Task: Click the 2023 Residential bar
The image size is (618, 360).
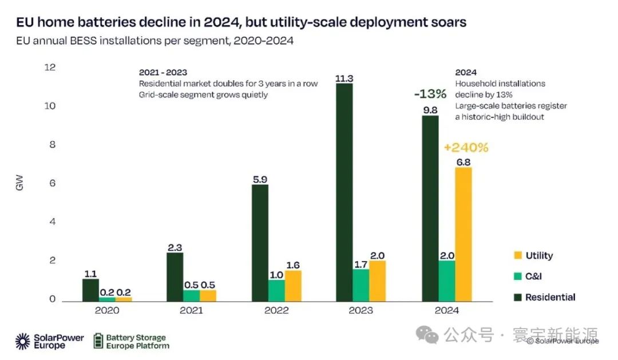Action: click(x=344, y=192)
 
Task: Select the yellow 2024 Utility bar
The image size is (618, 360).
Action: click(x=463, y=234)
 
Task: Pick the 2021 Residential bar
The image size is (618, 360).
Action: click(x=175, y=277)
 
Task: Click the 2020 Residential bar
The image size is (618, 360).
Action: click(x=90, y=290)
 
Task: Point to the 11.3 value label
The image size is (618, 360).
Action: click(x=344, y=79)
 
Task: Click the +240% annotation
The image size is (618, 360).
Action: click(x=466, y=148)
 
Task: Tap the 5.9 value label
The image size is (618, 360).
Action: click(x=260, y=179)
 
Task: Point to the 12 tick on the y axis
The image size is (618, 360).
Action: click(x=50, y=68)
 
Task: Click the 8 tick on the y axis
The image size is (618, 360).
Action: click(x=52, y=145)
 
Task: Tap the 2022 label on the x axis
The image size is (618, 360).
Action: click(x=276, y=310)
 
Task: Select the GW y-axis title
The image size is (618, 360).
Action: click(x=20, y=184)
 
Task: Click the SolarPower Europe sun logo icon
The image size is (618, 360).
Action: click(x=23, y=341)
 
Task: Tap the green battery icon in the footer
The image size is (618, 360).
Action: click(x=98, y=341)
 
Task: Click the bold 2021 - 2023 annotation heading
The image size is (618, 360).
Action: click(x=163, y=73)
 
